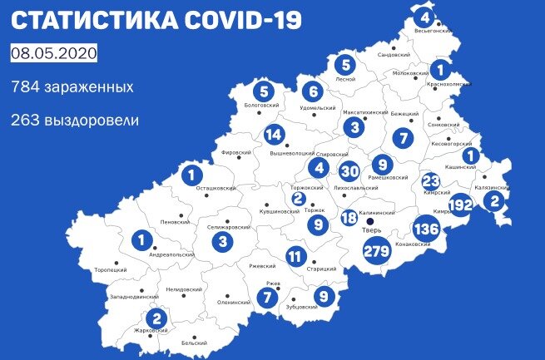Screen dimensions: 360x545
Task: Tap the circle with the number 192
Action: click(460, 204)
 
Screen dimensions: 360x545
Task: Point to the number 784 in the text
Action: click(25, 86)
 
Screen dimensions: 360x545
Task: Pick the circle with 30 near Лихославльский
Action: click(350, 171)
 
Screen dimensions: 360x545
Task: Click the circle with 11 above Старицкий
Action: click(295, 256)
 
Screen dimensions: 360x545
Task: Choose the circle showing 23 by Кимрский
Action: click(431, 181)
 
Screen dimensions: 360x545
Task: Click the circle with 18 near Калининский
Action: click(349, 218)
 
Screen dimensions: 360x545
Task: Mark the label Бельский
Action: click(194, 342)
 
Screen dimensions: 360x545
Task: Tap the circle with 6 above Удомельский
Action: click(312, 91)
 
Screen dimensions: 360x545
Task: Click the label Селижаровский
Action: click(228, 226)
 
